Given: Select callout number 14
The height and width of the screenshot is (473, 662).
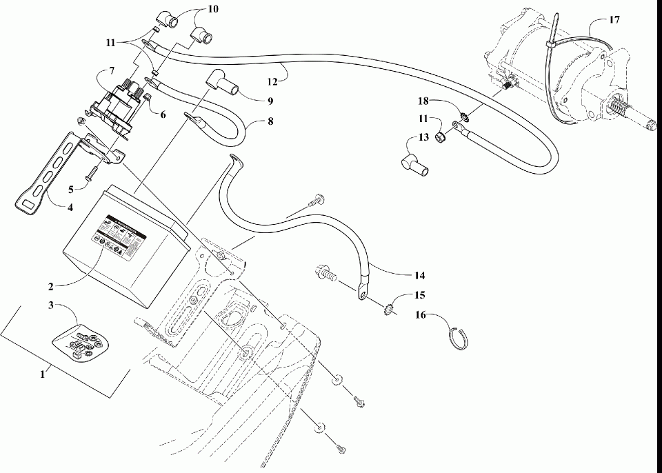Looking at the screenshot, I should pos(419,274).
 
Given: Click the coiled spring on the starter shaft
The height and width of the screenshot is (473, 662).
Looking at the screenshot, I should pos(619,111).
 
